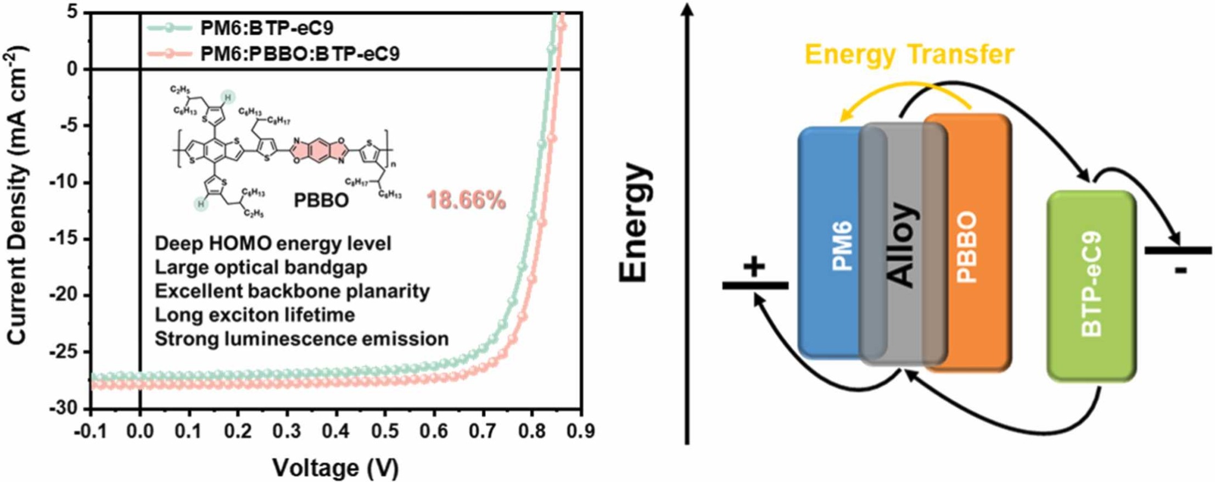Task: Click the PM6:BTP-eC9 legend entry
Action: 266,28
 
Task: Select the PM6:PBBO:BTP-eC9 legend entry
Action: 299,54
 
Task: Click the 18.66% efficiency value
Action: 466,201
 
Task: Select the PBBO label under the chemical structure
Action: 321,201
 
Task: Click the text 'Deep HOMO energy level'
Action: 273,244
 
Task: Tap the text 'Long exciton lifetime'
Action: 254,315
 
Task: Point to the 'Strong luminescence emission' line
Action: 301,339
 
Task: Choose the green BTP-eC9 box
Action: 1090,285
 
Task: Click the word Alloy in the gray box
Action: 902,244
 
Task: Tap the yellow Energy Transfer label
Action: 909,55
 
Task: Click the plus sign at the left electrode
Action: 754,267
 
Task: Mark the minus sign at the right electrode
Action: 1182,270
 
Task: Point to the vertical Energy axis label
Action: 635,222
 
